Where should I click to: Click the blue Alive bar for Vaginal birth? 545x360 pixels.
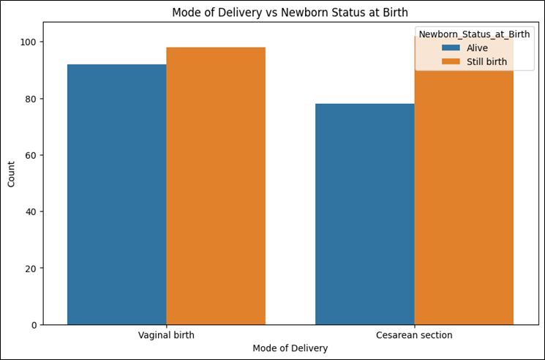(117, 195)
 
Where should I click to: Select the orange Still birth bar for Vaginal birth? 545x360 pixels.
(216, 186)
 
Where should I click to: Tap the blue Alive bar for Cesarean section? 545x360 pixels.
(365, 214)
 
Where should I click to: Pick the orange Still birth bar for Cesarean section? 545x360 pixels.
(464, 180)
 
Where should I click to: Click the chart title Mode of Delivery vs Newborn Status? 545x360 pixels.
(290, 12)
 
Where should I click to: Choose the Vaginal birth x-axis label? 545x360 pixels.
(166, 335)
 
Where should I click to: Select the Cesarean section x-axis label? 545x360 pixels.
(414, 335)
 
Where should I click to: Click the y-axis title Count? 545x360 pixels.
(12, 174)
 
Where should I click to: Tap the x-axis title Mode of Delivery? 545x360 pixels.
(290, 348)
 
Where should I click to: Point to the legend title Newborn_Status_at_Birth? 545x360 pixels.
(474, 34)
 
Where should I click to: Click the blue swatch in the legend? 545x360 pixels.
(451, 48)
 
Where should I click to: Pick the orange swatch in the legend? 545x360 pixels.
(451, 62)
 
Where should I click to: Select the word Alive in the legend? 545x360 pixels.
(477, 48)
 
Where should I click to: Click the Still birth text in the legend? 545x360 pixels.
(486, 62)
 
